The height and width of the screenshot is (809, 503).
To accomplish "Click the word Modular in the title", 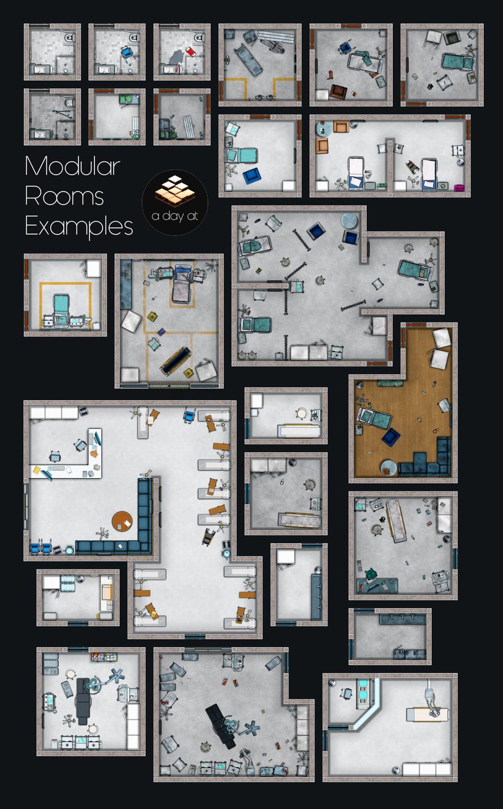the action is pyautogui.click(x=72, y=167).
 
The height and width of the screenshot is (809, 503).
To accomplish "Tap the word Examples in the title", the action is pyautogui.click(x=79, y=227).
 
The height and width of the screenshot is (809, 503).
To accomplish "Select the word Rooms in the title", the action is pyautogui.click(x=64, y=196).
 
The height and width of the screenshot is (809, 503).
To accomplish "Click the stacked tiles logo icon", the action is pyautogui.click(x=175, y=191).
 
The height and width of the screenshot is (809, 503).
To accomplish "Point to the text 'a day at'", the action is pyautogui.click(x=175, y=216).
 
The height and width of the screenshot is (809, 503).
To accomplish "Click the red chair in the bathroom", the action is pyautogui.click(x=190, y=51).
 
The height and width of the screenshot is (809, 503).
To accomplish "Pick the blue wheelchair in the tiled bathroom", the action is pyautogui.click(x=127, y=53).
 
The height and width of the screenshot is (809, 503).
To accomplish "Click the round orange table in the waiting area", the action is pyautogui.click(x=122, y=521).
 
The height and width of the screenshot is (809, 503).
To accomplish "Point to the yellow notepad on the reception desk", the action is pyautogui.click(x=36, y=469).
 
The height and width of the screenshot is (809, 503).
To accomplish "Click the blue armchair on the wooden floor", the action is pyautogui.click(x=390, y=436).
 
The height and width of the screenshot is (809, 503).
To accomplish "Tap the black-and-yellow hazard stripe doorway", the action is pyautogui.click(x=169, y=386).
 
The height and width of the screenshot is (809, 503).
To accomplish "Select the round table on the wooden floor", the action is pyautogui.click(x=388, y=468).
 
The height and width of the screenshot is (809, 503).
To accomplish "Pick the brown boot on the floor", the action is pyautogui.click(x=329, y=75).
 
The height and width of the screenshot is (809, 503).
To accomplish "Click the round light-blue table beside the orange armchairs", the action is pyautogui.click(x=323, y=129).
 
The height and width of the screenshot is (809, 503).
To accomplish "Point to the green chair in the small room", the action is pyautogui.click(x=126, y=99).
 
